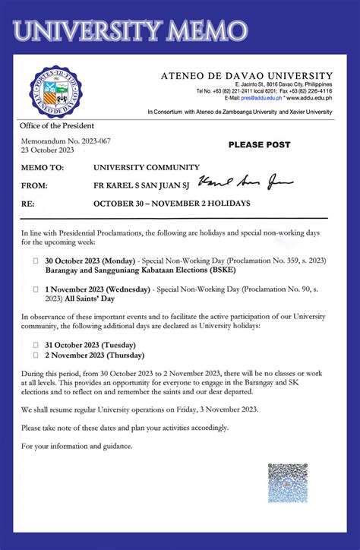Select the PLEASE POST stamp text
pos(259,144)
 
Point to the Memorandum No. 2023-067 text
pos(65,141)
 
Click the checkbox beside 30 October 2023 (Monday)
pos(35,261)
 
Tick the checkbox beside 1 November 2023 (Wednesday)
pos(35,289)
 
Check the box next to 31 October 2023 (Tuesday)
pos(35,344)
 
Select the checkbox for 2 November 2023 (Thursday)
pos(35,355)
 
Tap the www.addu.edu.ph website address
pos(311,98)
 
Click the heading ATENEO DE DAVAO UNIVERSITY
pos(246,75)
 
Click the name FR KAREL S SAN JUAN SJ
pos(143,185)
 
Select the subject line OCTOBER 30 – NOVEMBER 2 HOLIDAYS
pos(172,204)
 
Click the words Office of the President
pos(58,125)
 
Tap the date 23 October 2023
pos(48,150)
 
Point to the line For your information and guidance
pos(77,446)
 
